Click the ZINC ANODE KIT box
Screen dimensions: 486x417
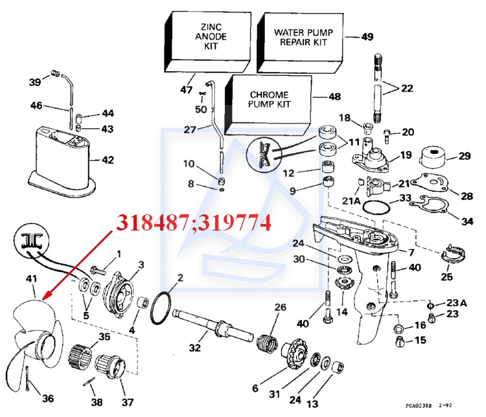pos(207,42)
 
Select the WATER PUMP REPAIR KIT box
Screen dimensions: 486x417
pos(300,43)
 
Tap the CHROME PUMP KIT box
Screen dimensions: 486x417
pos(268,105)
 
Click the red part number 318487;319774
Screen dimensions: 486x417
pos(194,223)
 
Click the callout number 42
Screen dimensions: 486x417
pos(108,160)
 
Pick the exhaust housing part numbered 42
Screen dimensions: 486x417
pos(62,161)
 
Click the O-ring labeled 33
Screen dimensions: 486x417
pos(376,207)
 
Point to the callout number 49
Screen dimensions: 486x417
pos(367,36)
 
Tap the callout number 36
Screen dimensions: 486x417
pos(48,398)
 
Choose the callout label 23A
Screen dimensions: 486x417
pos(457,302)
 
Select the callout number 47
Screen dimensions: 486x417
pos(186,90)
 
